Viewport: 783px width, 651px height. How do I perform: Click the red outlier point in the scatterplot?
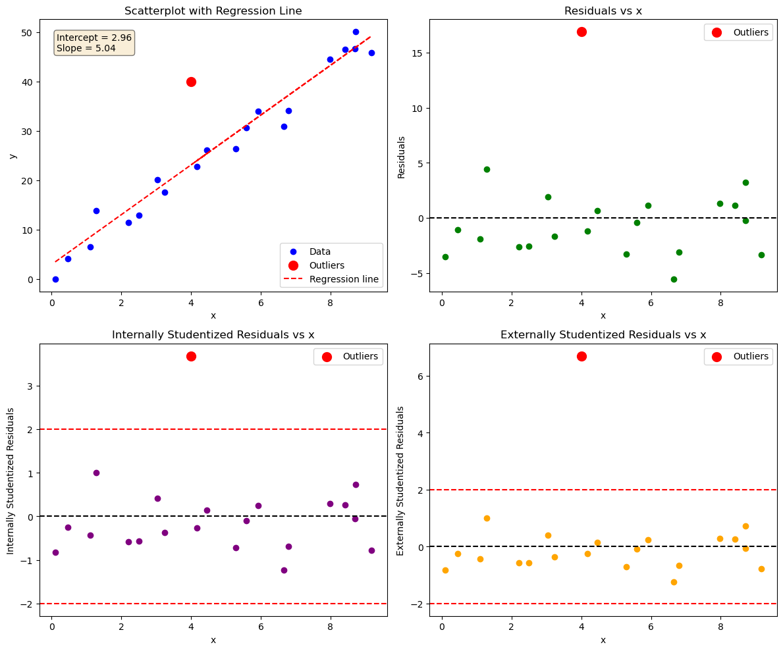[x=191, y=82]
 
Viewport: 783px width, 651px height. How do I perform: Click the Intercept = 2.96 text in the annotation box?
[x=94, y=38]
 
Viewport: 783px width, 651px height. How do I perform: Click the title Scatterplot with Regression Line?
[x=213, y=11]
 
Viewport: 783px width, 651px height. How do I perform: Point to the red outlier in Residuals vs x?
[x=581, y=32]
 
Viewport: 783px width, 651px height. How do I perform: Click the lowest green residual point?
[x=674, y=279]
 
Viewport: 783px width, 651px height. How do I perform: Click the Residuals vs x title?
[x=603, y=11]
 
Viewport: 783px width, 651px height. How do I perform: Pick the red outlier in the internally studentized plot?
[x=191, y=356]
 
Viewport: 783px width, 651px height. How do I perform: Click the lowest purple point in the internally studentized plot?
[x=284, y=570]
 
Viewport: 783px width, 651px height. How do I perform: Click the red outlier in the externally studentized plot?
[x=581, y=356]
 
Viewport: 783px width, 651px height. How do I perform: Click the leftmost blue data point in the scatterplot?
[x=55, y=279]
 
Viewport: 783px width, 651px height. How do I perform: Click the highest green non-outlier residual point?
[x=487, y=169]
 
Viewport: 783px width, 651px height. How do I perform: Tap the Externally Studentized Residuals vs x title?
[x=603, y=334]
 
